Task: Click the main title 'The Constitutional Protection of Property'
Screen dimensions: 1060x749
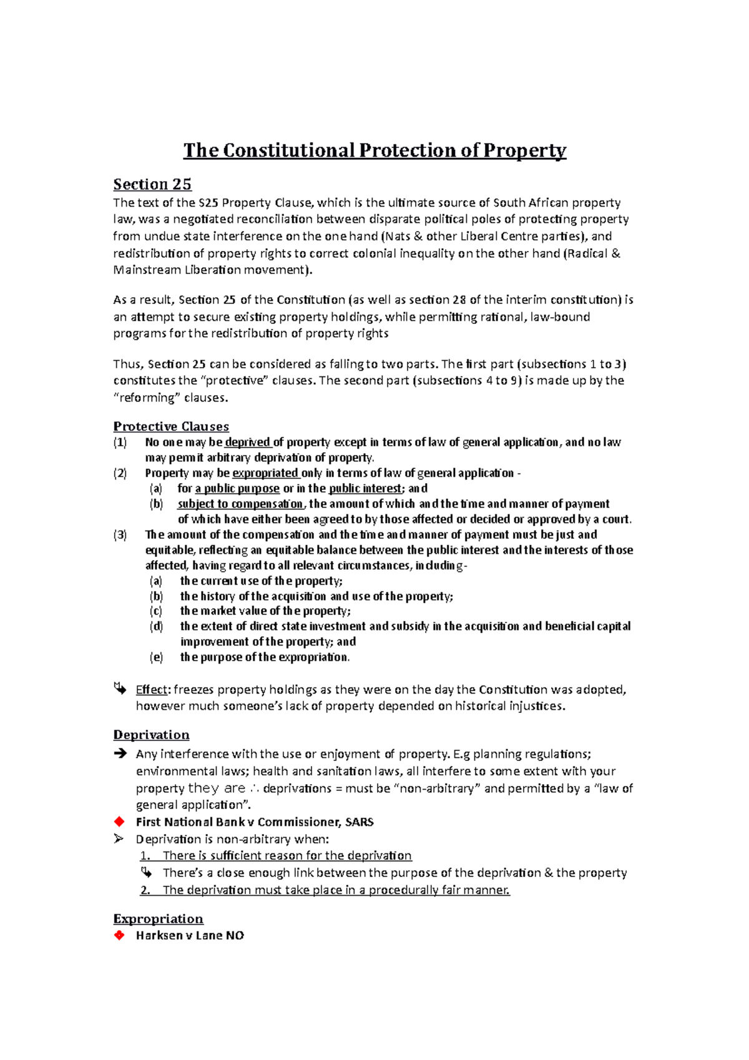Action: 374,150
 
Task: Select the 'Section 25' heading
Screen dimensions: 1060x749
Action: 152,184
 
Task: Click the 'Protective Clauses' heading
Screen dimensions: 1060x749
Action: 171,426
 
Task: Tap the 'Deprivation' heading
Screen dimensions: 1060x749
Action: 151,735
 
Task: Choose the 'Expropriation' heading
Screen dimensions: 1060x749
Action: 158,919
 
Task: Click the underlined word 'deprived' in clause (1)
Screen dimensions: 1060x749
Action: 247,443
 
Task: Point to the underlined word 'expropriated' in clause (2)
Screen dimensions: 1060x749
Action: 265,473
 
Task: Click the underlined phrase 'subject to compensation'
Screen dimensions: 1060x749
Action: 240,504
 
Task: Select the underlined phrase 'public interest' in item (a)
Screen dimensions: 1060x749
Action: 365,489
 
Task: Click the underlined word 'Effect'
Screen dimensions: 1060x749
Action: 152,690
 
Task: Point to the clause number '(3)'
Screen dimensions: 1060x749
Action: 120,535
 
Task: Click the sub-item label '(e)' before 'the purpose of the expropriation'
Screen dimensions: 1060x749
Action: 156,657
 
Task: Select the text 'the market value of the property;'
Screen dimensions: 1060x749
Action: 265,611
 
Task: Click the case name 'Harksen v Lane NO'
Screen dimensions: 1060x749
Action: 190,936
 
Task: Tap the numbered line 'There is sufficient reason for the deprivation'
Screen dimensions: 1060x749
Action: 287,856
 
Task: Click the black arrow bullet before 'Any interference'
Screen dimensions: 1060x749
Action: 120,754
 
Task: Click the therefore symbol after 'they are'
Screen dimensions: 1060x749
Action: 254,788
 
